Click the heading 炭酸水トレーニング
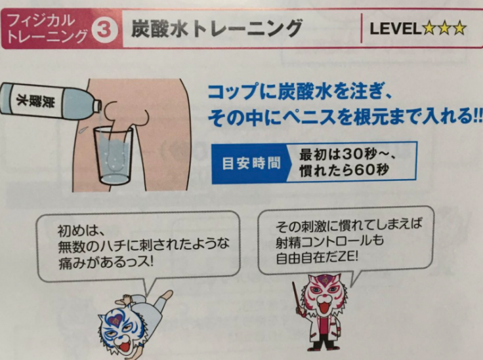click(x=217, y=29)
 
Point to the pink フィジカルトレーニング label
click(x=46, y=29)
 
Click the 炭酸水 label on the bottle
click(x=37, y=100)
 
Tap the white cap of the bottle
click(x=97, y=106)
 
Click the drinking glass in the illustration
click(x=114, y=156)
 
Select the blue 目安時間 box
click(x=251, y=163)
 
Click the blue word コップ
click(x=234, y=92)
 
